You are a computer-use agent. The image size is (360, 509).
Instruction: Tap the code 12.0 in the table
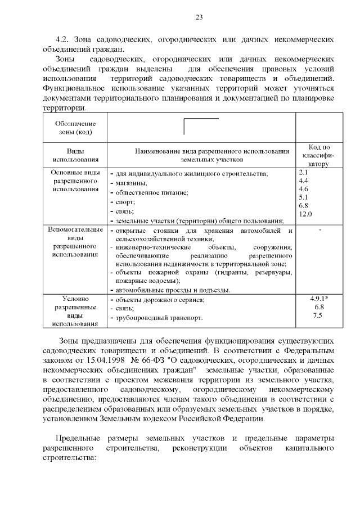click(x=305, y=214)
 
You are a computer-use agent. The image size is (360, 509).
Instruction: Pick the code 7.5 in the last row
click(x=318, y=316)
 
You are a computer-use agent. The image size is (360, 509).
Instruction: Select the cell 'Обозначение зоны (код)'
click(x=75, y=128)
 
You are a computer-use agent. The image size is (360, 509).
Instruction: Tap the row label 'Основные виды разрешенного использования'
click(x=75, y=181)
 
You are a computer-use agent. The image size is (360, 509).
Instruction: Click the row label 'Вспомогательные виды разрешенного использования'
click(x=75, y=242)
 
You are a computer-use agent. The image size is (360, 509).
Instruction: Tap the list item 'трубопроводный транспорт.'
click(x=158, y=318)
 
